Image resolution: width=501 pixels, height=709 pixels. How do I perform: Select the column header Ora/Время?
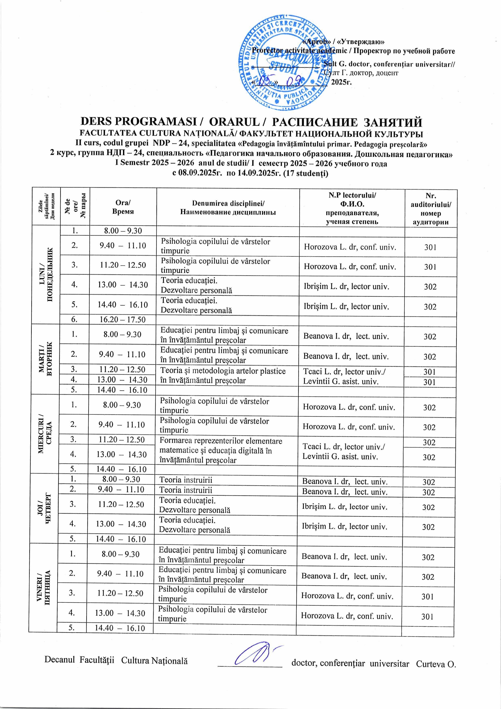[x=123, y=207]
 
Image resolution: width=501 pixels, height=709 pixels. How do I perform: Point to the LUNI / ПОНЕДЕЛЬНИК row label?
[x=46, y=274]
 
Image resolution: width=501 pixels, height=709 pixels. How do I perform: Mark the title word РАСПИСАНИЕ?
[x=314, y=122]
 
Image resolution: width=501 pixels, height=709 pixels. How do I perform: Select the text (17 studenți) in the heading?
[x=306, y=173]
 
